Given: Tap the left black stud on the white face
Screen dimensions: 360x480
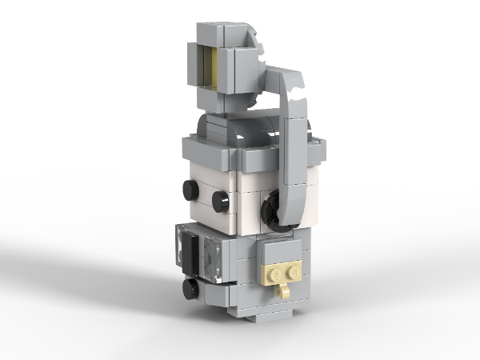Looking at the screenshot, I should pos(190,190).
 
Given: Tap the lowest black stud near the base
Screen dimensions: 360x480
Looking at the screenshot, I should pos(190,288).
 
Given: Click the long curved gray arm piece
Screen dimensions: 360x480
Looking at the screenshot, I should pos(294,144).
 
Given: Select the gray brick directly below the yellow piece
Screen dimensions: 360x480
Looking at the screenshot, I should pos(214,100).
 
